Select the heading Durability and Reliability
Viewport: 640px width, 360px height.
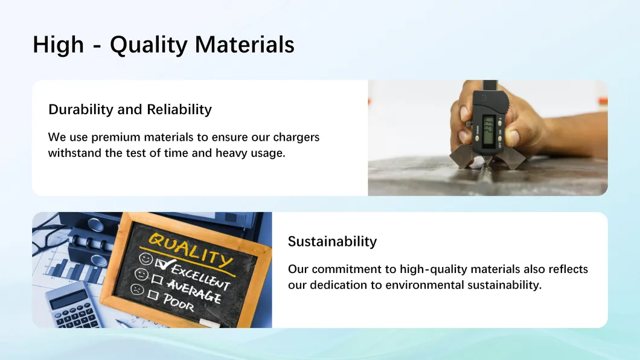point(130,109)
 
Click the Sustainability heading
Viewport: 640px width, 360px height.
point(332,242)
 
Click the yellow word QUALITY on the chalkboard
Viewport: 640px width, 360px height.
point(189,248)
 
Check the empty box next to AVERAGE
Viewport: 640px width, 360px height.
point(156,278)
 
